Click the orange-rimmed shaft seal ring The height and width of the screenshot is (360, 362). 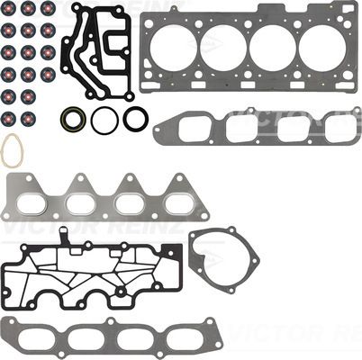click(x=73, y=118)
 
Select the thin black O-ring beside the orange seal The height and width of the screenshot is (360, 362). click(x=104, y=120)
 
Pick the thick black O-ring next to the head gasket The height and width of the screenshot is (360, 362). click(x=136, y=118)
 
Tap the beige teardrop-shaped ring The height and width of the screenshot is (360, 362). click(x=12, y=150)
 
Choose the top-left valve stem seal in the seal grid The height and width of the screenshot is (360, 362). click(x=9, y=9)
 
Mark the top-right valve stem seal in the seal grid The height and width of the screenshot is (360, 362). click(x=48, y=9)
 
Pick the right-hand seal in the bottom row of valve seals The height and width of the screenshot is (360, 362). click(x=29, y=118)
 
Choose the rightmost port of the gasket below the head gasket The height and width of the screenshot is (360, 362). click(x=332, y=129)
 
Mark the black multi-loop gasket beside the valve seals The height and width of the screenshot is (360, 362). click(x=97, y=54)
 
